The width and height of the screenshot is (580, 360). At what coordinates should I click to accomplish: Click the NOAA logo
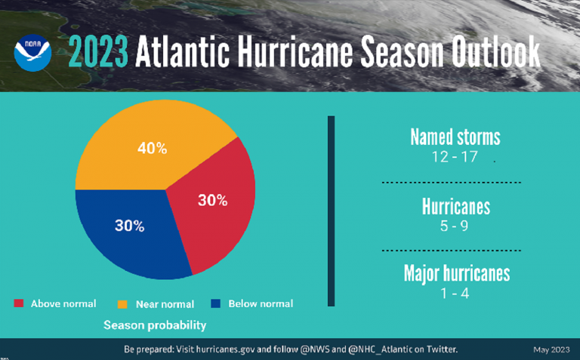[32, 52]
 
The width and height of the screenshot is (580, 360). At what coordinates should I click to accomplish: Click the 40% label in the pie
[152, 148]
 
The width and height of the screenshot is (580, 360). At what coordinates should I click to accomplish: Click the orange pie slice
[151, 151]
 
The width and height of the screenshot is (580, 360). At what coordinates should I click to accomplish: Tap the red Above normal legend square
[19, 303]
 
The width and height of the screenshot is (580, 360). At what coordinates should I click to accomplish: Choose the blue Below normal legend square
[215, 303]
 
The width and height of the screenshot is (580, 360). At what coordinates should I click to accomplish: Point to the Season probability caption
[155, 325]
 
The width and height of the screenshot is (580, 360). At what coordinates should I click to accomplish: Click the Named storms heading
[455, 137]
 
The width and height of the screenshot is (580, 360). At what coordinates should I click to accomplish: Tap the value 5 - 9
[455, 226]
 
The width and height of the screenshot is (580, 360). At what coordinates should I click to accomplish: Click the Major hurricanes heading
[456, 272]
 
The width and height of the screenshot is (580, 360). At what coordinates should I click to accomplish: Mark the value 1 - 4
[455, 293]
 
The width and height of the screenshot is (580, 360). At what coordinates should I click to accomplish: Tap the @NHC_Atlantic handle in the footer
[366, 349]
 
